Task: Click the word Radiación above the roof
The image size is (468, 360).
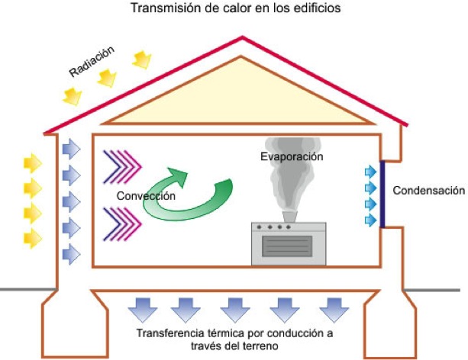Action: coord(92,62)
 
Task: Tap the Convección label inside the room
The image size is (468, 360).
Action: coord(146,196)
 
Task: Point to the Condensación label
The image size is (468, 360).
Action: coord(428,191)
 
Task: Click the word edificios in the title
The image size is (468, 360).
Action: coord(315,9)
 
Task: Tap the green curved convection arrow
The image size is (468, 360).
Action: coord(188,194)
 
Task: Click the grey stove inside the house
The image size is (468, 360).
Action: coord(289,243)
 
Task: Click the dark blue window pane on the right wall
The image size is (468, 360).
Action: coord(382,194)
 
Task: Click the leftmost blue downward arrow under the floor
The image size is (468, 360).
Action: coord(143,310)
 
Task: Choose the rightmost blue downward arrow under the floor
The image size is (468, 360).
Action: coord(333,310)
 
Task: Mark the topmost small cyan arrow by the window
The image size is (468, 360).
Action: coord(371,170)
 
